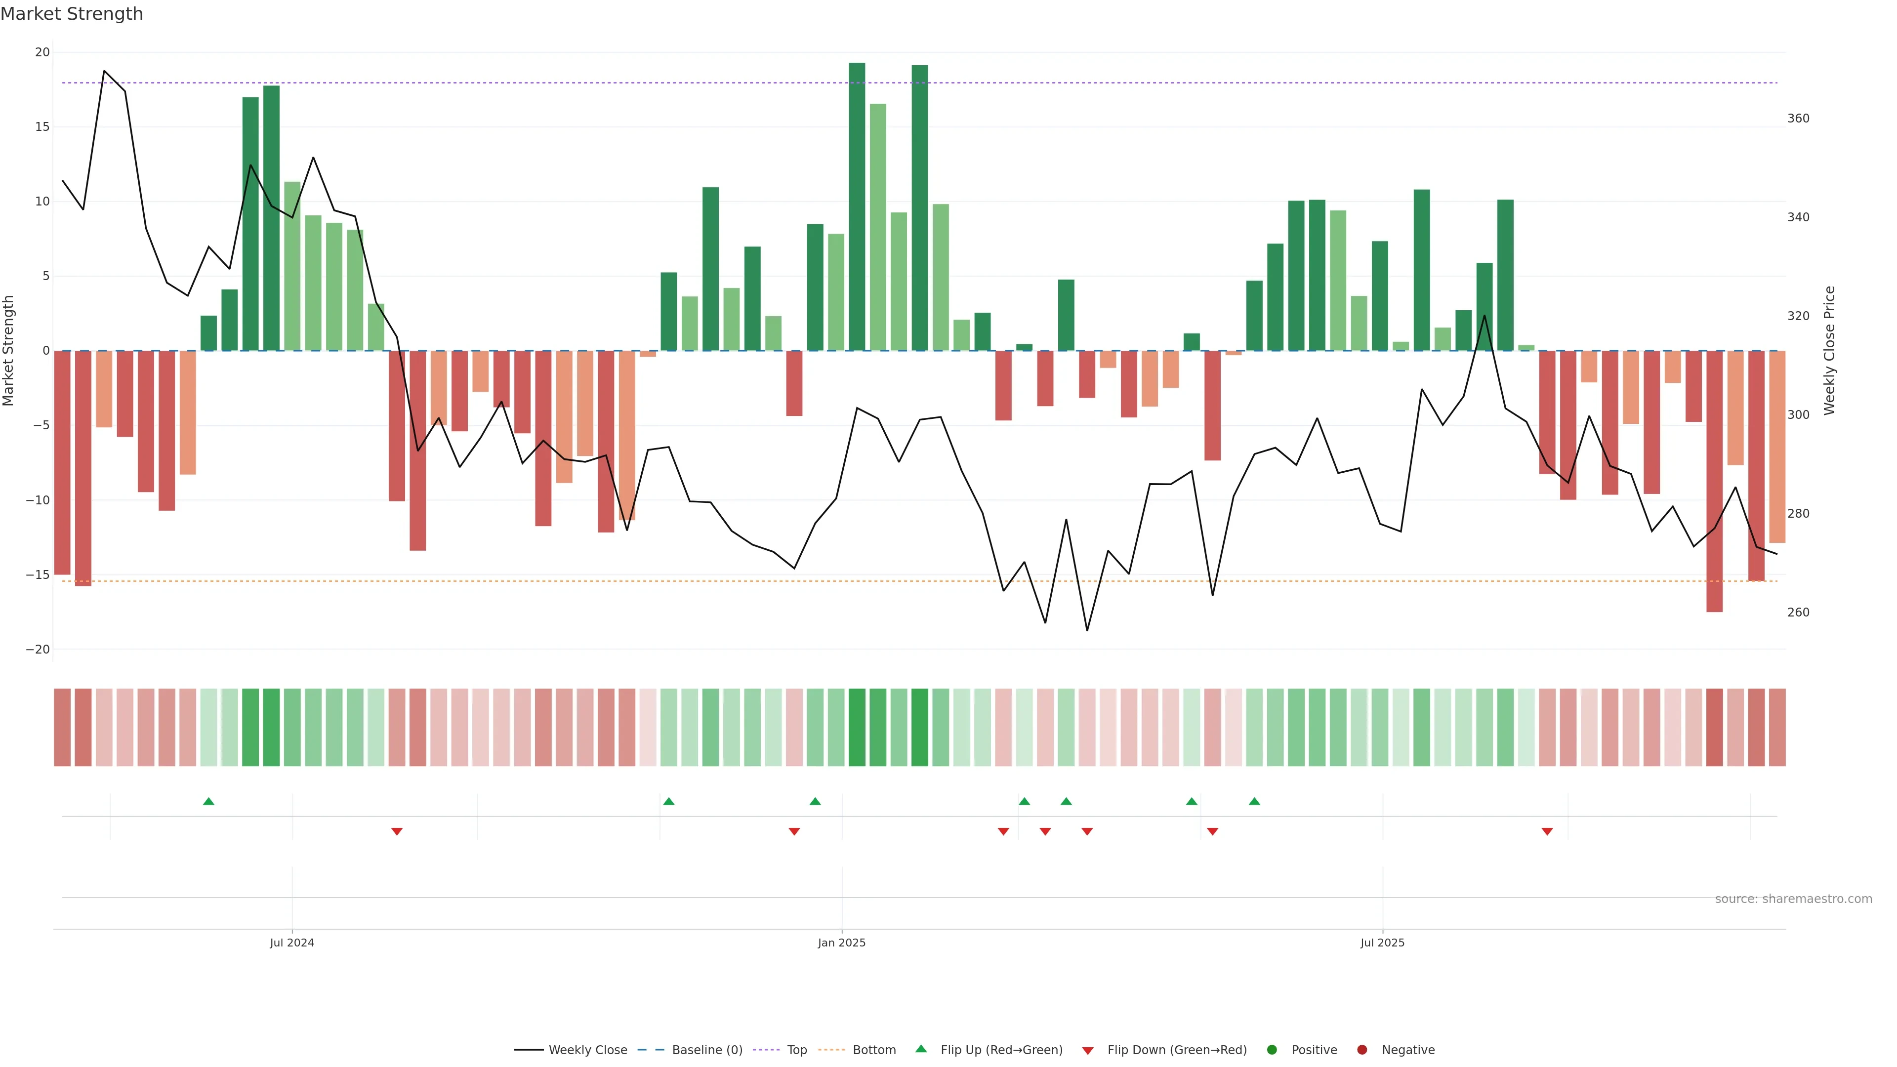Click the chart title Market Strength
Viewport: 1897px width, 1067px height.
pos(72,14)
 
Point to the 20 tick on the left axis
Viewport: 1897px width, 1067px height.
pos(42,52)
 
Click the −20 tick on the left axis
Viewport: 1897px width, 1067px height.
pos(38,650)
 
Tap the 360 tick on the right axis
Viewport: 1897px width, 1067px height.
pos(1798,119)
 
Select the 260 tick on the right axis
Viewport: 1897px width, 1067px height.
pos(1798,613)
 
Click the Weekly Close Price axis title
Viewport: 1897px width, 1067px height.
pos(1830,351)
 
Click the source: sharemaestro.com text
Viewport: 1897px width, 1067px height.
pos(1793,899)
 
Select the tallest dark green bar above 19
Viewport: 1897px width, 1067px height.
pos(857,206)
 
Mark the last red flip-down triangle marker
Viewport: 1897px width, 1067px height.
pos(1547,831)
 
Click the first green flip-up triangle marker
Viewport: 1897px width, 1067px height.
pos(208,801)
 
